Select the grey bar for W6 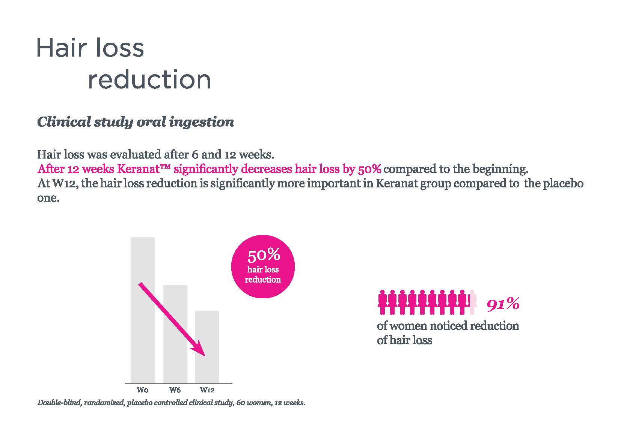pyautogui.click(x=175, y=334)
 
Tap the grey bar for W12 pyautogui.click(x=207, y=347)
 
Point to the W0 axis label pyautogui.click(x=142, y=390)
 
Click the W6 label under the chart pyautogui.click(x=175, y=390)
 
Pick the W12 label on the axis pyautogui.click(x=207, y=390)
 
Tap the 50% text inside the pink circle pyautogui.click(x=264, y=255)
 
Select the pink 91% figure pyautogui.click(x=503, y=304)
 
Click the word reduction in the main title pyautogui.click(x=149, y=79)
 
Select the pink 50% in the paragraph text pyautogui.click(x=369, y=169)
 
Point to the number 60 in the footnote pyautogui.click(x=241, y=403)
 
